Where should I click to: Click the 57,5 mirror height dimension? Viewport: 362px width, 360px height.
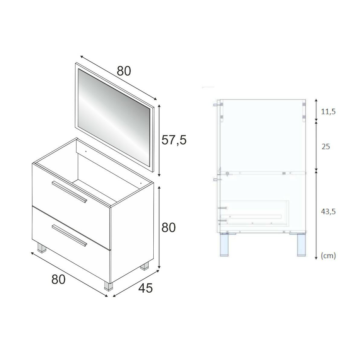click(174, 140)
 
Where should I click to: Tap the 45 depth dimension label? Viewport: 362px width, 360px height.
click(146, 288)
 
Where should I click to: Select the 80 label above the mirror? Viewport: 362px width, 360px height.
click(124, 71)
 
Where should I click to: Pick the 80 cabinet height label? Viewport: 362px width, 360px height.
click(168, 228)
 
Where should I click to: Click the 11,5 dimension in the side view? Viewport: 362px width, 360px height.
click(328, 112)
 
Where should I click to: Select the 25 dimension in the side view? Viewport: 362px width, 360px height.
click(326, 147)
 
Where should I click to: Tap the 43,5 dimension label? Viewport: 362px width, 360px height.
click(328, 212)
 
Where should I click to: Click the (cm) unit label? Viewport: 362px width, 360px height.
click(328, 256)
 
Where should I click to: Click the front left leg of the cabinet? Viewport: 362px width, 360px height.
click(42, 248)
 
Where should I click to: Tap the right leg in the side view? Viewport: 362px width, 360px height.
click(301, 245)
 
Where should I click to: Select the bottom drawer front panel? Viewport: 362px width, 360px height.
click(71, 242)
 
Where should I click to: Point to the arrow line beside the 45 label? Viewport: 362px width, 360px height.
click(136, 283)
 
